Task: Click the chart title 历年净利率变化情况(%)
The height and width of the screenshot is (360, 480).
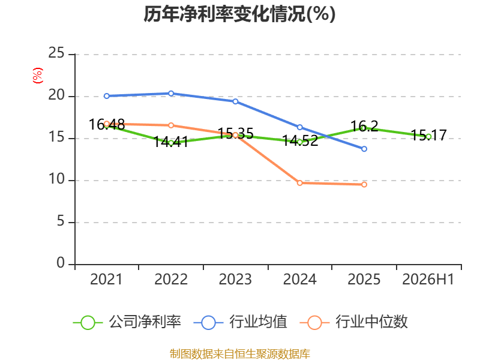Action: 239,14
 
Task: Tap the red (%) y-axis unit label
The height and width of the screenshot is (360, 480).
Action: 38,76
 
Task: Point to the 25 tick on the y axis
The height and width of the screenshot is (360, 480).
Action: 56,53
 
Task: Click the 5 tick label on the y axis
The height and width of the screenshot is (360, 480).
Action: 61,221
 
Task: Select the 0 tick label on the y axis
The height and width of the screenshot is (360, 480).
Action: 61,263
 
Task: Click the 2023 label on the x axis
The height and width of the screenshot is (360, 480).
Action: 235,279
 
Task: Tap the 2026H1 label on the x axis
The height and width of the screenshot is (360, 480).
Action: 428,279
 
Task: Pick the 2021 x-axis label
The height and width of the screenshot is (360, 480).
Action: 106,279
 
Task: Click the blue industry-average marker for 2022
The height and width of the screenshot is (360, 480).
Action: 171,94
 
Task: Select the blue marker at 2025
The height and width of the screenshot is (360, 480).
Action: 364,149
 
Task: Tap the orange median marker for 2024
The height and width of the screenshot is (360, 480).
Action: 299,183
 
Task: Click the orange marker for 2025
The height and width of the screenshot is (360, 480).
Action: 364,184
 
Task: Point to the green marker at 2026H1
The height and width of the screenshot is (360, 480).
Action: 428,137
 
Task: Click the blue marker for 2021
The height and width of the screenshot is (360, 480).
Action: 107,96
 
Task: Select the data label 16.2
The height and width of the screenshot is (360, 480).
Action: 364,126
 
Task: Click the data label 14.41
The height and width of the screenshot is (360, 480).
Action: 171,142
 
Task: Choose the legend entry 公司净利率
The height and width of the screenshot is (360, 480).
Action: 127,322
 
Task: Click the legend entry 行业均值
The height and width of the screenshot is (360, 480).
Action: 241,322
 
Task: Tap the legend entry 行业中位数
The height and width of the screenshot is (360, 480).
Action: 353,322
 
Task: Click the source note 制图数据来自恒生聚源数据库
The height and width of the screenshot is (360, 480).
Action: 239,354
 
